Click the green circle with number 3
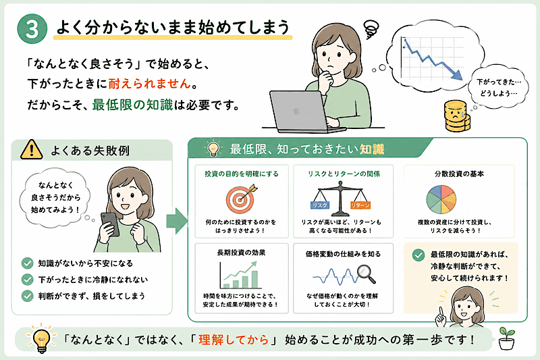click(x=32, y=28)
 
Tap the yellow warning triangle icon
click(x=31, y=150)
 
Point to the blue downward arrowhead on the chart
click(x=458, y=75)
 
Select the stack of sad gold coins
click(x=457, y=116)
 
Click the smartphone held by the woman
click(x=110, y=224)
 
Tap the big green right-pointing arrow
click(x=177, y=221)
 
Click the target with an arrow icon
click(x=242, y=199)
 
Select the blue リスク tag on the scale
click(x=319, y=205)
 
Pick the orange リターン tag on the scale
click(x=360, y=205)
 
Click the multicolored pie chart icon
click(x=441, y=199)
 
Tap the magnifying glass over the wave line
click(x=366, y=273)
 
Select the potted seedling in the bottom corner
click(x=507, y=338)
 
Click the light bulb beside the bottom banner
click(x=41, y=338)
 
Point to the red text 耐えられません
click(x=149, y=84)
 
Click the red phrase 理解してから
click(x=234, y=340)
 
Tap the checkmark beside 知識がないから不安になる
click(x=27, y=263)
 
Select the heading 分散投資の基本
click(x=459, y=174)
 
